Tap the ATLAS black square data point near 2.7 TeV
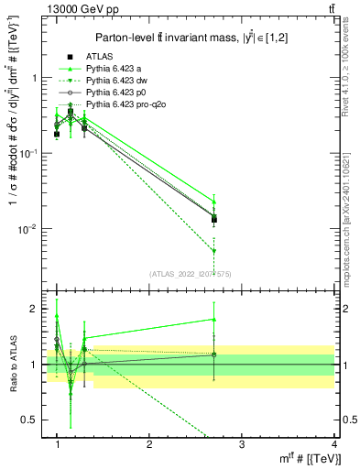pos(213,219)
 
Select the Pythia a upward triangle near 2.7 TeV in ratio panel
pos(213,320)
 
